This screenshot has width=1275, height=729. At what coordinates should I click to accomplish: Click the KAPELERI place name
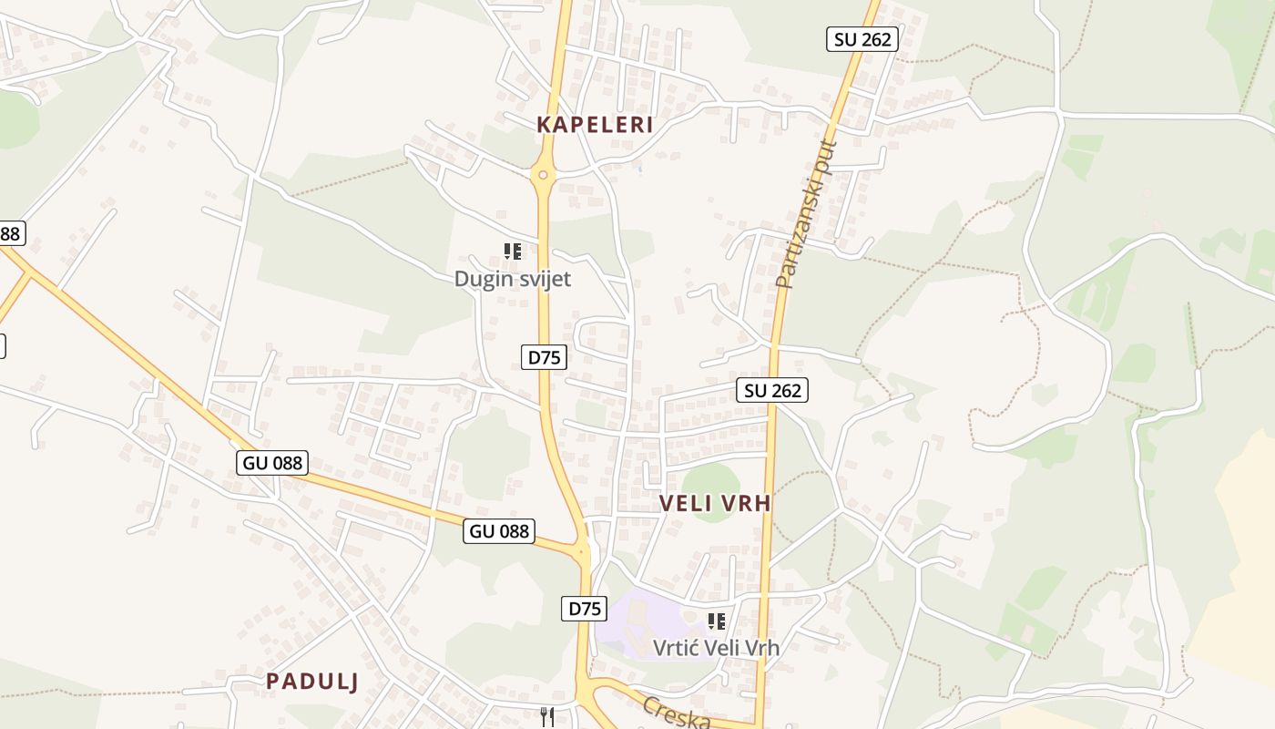[595, 125]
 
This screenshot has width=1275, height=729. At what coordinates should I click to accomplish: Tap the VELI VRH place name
[715, 503]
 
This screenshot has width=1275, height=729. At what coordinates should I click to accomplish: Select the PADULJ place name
[312, 681]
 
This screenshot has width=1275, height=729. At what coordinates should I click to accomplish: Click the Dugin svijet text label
[513, 279]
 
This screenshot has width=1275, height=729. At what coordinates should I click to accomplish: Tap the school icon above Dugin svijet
[513, 251]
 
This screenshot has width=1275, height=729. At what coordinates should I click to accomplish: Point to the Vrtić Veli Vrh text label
[717, 648]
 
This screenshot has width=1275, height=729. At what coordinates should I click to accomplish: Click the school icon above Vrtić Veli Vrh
[717, 621]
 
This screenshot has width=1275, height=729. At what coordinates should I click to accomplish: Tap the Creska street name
[676, 713]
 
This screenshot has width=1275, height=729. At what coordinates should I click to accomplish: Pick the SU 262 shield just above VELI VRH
[772, 390]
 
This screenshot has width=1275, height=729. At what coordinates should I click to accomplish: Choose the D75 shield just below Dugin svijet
[544, 357]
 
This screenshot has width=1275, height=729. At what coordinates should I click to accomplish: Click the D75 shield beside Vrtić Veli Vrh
[584, 609]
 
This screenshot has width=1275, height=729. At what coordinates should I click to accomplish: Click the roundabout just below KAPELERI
[543, 174]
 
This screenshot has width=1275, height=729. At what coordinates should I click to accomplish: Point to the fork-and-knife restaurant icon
[546, 717]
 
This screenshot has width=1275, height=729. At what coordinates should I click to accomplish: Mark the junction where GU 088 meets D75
[582, 549]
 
